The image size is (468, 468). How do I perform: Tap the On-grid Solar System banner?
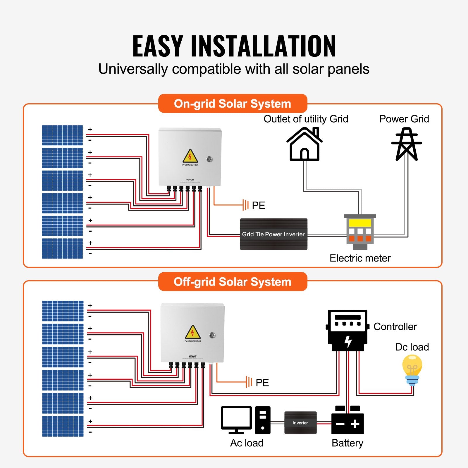[233, 104]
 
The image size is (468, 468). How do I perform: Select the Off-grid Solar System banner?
[233, 282]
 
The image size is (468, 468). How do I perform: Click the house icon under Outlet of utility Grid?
[304, 144]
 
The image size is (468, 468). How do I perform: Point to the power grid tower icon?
[407, 144]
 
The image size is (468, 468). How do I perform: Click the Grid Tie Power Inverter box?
[273, 234]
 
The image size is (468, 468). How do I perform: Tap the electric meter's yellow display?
[360, 223]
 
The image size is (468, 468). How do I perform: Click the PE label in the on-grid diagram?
[258, 205]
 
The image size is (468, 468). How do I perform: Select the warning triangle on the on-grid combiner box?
[190, 156]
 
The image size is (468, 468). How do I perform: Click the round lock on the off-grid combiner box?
[212, 335]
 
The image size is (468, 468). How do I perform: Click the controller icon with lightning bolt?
[347, 331]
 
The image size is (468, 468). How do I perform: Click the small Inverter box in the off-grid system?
[300, 423]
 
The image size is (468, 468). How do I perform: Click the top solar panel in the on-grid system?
[62, 135]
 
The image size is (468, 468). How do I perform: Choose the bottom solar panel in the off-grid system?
[63, 426]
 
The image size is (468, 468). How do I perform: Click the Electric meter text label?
[360, 258]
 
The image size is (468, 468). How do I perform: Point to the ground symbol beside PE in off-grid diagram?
[249, 382]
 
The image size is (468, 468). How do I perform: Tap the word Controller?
[395, 326]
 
